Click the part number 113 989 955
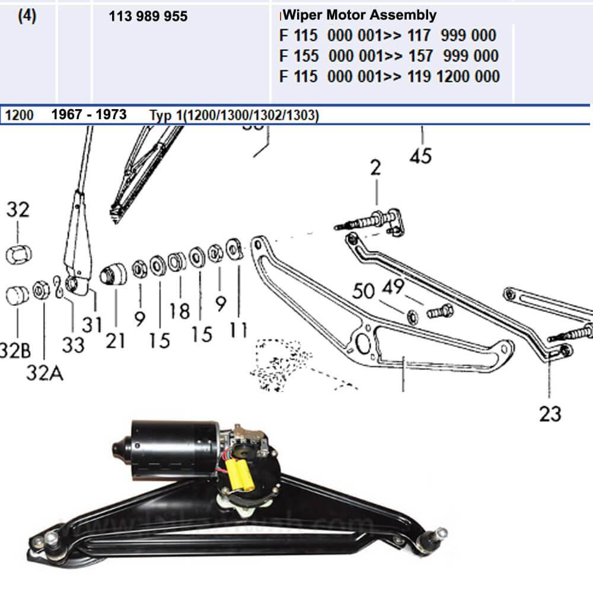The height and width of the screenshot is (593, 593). (148, 17)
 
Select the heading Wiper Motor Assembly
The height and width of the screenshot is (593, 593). (359, 15)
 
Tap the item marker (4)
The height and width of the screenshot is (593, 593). (27, 16)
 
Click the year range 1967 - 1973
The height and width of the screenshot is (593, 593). (89, 114)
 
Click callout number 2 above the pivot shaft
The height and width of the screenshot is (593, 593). (376, 168)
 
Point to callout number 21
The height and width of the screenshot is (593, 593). (116, 340)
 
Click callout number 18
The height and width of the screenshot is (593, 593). (179, 311)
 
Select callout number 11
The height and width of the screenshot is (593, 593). (238, 329)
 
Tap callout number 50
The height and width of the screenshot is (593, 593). (364, 291)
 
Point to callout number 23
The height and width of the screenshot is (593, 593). (550, 413)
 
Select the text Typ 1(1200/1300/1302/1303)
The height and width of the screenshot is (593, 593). (234, 115)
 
